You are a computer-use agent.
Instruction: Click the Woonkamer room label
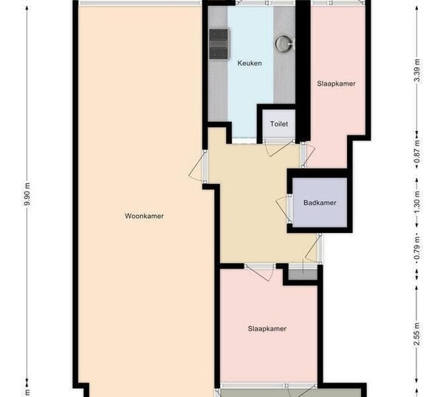(x=144, y=216)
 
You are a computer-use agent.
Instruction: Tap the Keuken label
(x=250, y=63)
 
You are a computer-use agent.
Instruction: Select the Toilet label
(x=279, y=124)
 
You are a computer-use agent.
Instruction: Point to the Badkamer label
(x=320, y=203)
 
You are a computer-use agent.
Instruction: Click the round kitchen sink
(x=284, y=44)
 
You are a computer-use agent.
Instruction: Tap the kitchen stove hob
(x=219, y=44)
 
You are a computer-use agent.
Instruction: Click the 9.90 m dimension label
(x=27, y=194)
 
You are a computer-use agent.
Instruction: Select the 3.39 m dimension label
(x=417, y=70)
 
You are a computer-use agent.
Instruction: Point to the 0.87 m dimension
(x=417, y=152)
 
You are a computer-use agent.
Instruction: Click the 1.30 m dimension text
(x=417, y=203)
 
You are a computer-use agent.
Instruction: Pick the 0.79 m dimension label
(x=417, y=248)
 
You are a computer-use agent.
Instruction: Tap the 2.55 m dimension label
(x=417, y=334)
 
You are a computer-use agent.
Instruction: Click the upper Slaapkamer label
(x=336, y=84)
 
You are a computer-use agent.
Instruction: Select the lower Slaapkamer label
(x=267, y=329)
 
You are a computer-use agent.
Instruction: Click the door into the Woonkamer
(x=199, y=167)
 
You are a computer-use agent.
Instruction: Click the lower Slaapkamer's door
(x=260, y=273)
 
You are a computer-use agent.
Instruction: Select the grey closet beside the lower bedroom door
(x=303, y=275)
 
